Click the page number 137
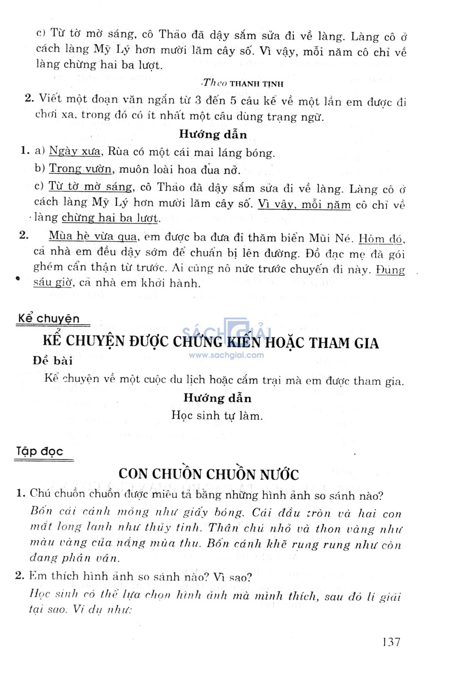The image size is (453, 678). pos(391,642)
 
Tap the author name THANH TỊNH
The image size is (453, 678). pos(257,84)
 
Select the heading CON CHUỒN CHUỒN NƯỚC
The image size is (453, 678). pos(208,474)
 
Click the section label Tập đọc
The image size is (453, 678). pos(40,452)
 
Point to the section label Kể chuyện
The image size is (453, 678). pos(49,318)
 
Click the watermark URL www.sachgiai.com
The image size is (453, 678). pos(226,355)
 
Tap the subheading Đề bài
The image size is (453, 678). pos(52,360)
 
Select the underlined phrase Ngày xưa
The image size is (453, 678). pos(74,151)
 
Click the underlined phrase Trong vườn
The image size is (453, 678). pos(81,169)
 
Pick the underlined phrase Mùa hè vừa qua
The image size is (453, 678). pos(92,236)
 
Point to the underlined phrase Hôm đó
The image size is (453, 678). pos(381,239)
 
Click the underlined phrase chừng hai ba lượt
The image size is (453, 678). pos(110,218)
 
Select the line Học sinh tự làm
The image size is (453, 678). pos(217,416)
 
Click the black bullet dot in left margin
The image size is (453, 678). pos(18,278)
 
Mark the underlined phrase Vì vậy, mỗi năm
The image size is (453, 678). pos(304,204)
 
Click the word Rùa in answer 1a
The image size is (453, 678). pos(118,151)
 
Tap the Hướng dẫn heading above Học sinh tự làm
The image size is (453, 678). pos(217,398)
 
